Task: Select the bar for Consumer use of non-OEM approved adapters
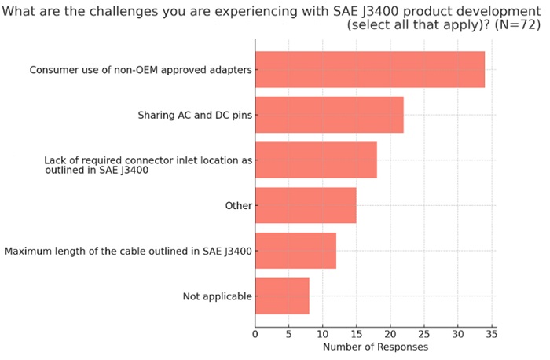point(369,69)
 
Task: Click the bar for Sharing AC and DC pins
point(328,115)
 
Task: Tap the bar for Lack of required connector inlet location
point(315,160)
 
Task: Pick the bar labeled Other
point(305,205)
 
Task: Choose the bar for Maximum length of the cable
point(295,251)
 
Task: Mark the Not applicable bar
point(281,296)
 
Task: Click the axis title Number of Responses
point(375,347)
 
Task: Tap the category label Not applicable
point(217,296)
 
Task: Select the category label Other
point(238,206)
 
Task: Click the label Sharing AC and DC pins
point(195,116)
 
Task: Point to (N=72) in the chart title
point(515,25)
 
